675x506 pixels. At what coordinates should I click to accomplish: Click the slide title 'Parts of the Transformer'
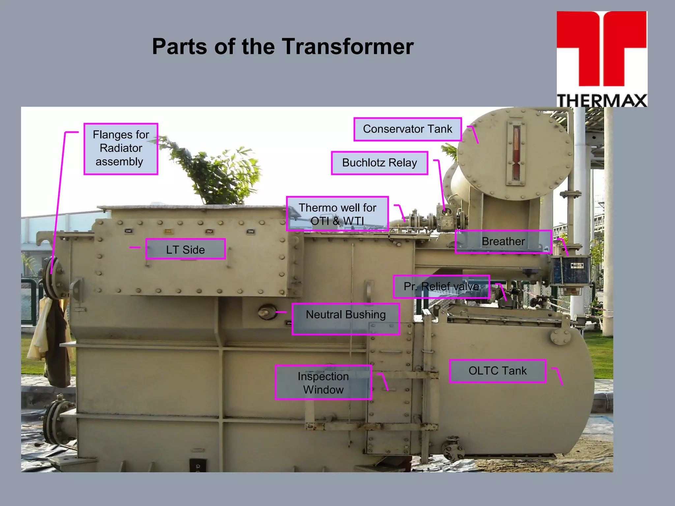(x=282, y=46)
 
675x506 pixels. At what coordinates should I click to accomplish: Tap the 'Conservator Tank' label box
(x=407, y=129)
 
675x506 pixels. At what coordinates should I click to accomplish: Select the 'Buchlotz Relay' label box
(x=379, y=163)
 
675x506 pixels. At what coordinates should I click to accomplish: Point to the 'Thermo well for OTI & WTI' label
(x=337, y=214)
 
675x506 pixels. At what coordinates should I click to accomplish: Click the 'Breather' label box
(x=503, y=241)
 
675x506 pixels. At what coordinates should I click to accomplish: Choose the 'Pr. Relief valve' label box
(x=441, y=287)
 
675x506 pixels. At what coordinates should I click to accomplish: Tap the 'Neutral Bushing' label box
(x=346, y=319)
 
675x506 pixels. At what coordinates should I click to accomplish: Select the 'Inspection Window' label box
(x=323, y=382)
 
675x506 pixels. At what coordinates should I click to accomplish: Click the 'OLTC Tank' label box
(x=497, y=371)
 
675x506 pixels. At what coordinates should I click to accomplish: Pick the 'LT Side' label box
(x=185, y=249)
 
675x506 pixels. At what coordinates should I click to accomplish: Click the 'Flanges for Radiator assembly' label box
(x=121, y=149)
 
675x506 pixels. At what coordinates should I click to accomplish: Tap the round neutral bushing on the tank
(x=267, y=312)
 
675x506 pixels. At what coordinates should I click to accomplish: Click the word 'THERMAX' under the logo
(x=602, y=100)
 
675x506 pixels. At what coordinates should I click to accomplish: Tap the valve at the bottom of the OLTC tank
(x=452, y=448)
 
